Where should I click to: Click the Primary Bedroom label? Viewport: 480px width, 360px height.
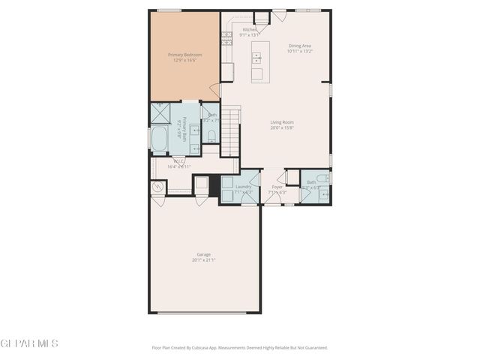184,55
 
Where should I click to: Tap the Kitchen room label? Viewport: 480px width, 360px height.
249,30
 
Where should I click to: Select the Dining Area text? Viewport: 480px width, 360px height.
300,46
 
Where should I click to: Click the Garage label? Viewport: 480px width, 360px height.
203,254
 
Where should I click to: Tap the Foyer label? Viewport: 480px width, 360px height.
277,187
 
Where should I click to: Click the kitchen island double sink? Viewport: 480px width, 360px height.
257,57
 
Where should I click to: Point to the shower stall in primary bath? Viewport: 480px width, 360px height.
160,113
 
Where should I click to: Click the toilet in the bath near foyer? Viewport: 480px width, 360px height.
322,178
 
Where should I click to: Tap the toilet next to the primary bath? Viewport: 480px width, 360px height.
211,135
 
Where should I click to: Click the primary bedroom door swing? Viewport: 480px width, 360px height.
215,91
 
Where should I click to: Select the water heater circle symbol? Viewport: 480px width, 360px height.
158,187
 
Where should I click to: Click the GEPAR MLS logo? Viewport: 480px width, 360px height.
28,343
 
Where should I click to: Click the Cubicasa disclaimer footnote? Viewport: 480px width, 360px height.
240,347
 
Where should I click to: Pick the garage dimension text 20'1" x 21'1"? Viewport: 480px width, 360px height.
203,260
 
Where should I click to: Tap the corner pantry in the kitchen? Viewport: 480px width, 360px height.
262,18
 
